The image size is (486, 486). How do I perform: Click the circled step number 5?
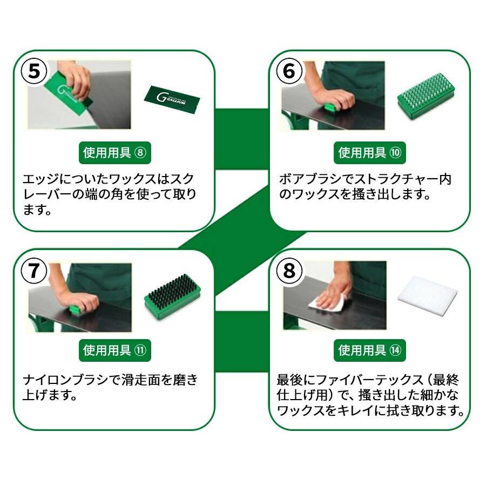tap(34, 71)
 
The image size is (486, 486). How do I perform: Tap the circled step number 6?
tap(289, 71)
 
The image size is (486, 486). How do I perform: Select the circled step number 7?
tap(34, 270)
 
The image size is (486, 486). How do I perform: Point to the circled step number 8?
tap(289, 270)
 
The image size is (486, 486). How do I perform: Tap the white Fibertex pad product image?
tap(427, 294)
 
